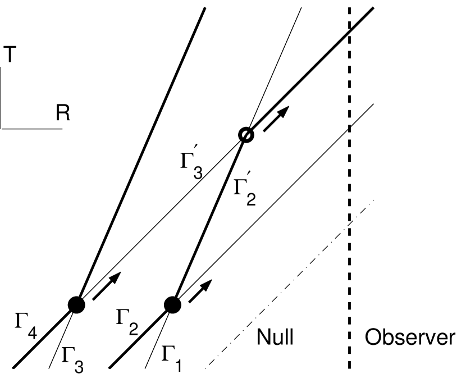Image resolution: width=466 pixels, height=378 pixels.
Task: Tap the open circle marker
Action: click(x=245, y=135)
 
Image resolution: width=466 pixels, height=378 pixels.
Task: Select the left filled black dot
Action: click(x=76, y=304)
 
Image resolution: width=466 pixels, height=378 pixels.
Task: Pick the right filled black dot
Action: click(x=172, y=304)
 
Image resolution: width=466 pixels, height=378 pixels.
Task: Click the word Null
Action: click(x=276, y=337)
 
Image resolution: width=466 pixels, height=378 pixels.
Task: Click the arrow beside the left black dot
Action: click(x=107, y=285)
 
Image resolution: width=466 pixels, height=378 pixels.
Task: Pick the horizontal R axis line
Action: click(x=31, y=128)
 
